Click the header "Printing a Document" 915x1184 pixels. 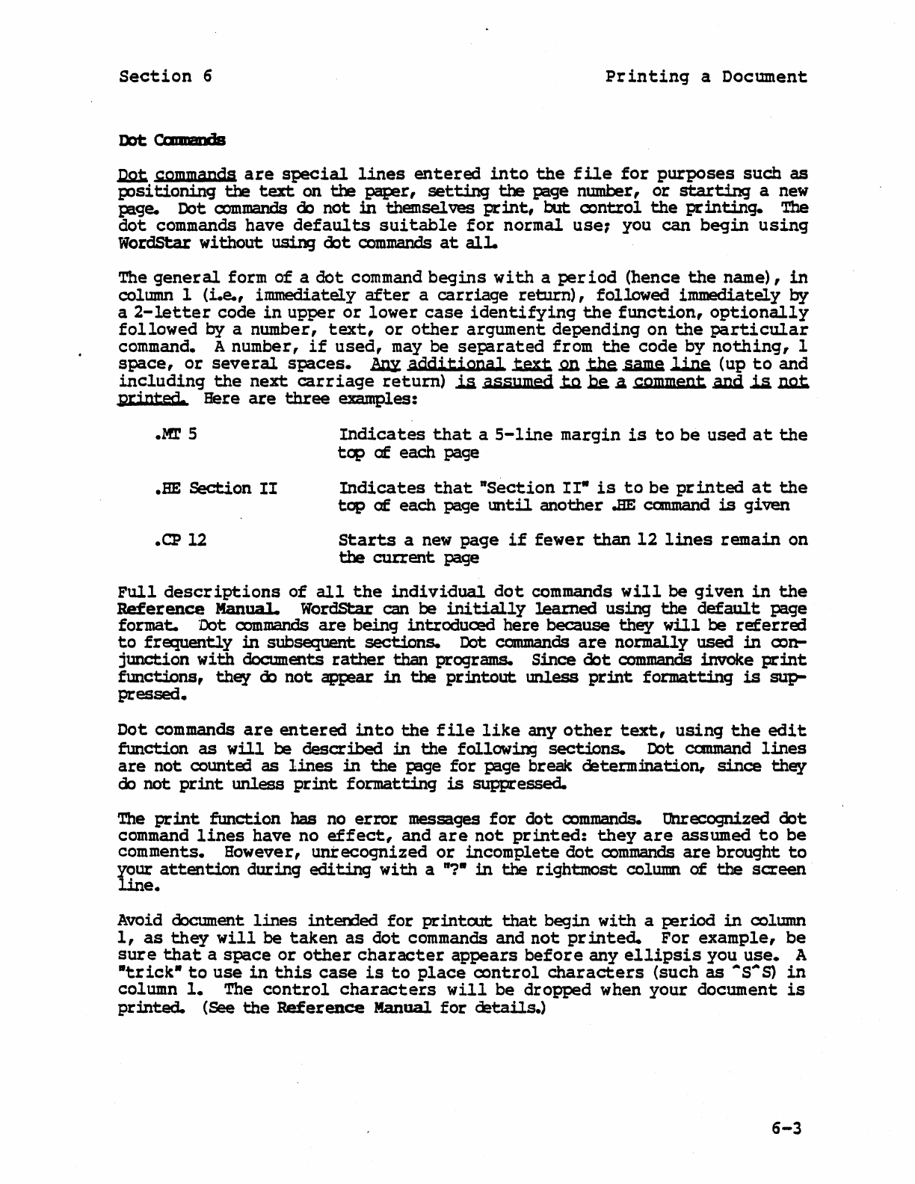tap(706, 77)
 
